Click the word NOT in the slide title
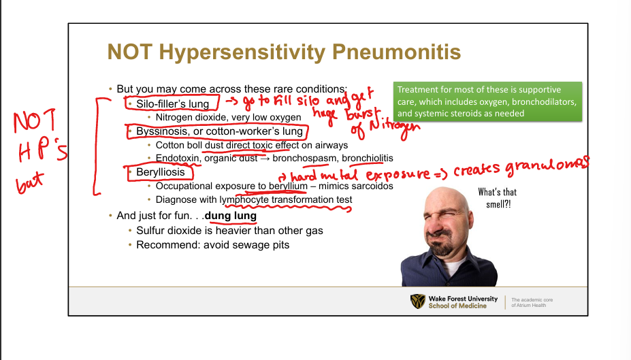click(x=129, y=52)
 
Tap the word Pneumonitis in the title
click(x=396, y=52)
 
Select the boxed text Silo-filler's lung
click(x=173, y=103)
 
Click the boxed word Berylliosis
click(x=161, y=172)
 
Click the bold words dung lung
click(x=231, y=216)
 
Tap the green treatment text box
click(x=488, y=101)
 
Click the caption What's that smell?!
click(x=498, y=198)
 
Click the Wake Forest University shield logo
click(x=418, y=301)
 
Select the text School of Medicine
click(x=457, y=306)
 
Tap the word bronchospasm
click(x=304, y=159)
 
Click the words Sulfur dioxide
click(x=168, y=231)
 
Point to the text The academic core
click(x=532, y=300)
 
